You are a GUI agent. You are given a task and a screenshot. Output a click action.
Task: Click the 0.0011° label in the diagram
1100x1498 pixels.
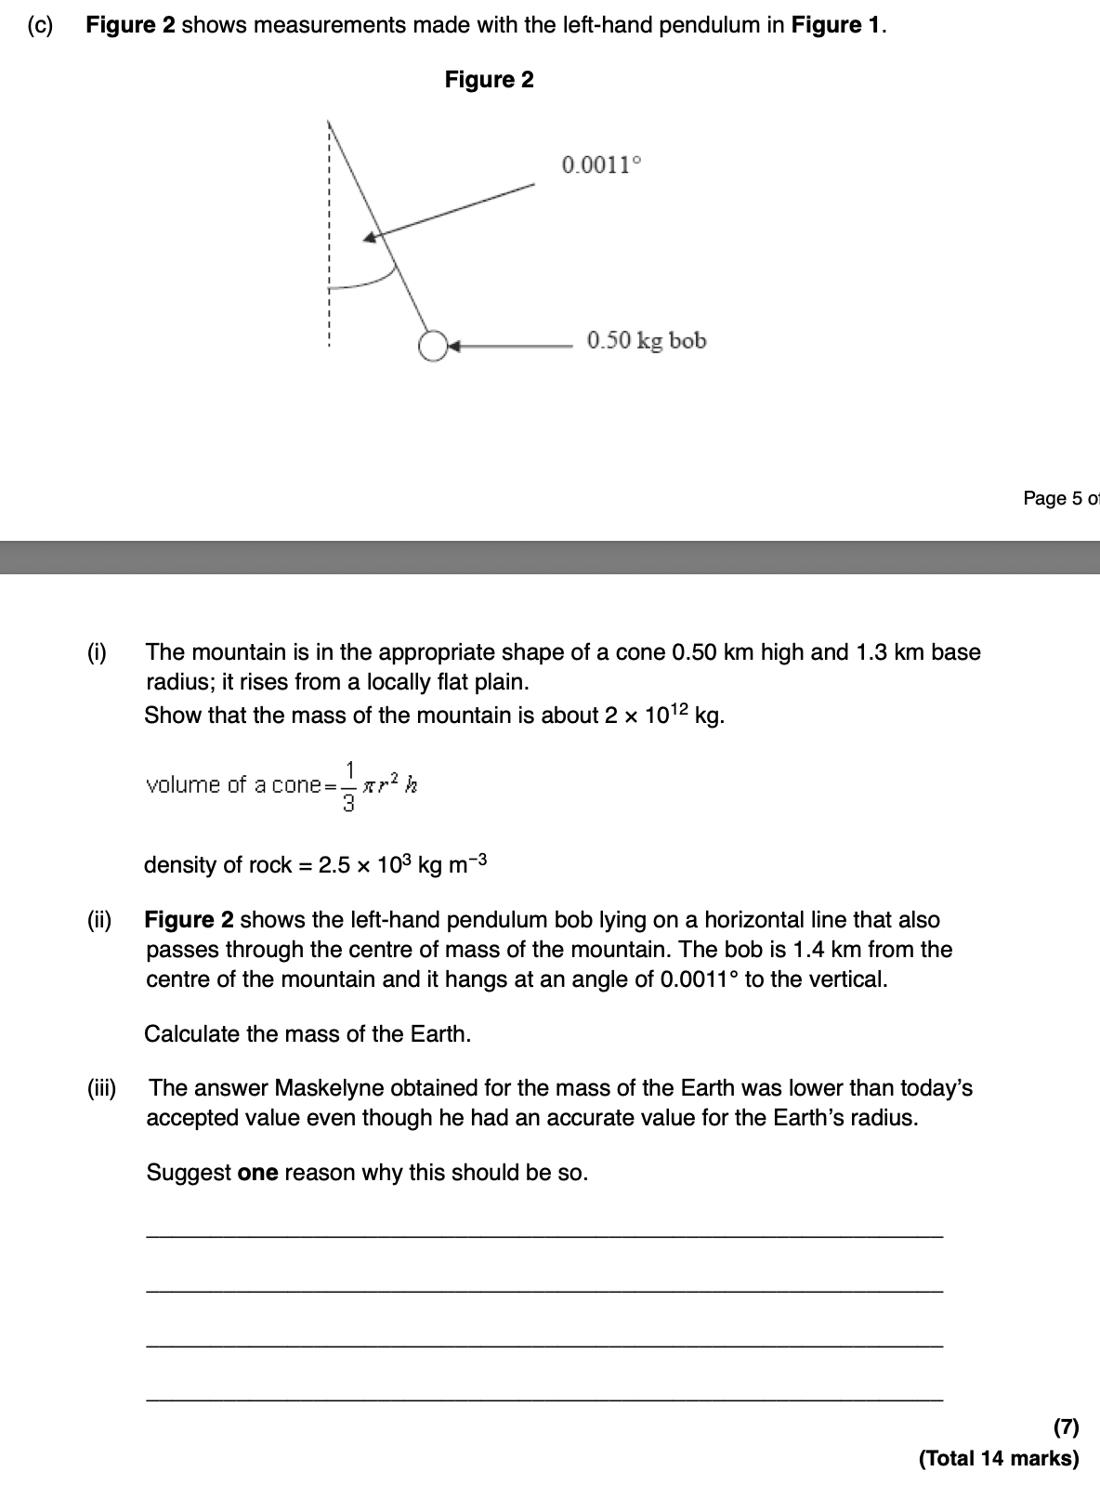click(x=601, y=166)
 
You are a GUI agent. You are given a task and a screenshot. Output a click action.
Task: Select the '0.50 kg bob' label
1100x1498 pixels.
click(x=647, y=341)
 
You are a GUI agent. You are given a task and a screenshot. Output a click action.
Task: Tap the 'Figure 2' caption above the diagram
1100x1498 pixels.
click(x=489, y=80)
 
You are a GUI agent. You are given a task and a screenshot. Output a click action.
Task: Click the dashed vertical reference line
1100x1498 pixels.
click(x=328, y=232)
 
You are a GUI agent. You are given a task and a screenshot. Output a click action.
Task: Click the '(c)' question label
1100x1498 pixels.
click(x=39, y=25)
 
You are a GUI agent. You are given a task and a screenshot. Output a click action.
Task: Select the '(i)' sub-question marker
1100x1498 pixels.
click(x=97, y=652)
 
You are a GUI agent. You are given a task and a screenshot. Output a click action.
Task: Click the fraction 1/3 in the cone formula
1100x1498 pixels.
click(x=349, y=786)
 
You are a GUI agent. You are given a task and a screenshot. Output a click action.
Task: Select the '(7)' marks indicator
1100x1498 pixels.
click(x=1066, y=1426)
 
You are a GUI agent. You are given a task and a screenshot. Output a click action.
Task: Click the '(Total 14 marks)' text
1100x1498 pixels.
click(x=999, y=1459)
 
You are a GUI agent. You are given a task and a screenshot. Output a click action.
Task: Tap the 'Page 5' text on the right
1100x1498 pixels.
click(x=1059, y=499)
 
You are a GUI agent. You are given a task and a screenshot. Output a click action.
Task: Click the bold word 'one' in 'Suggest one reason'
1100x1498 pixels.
click(x=257, y=1173)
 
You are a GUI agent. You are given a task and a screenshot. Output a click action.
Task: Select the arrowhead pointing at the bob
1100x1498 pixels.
click(x=454, y=347)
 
